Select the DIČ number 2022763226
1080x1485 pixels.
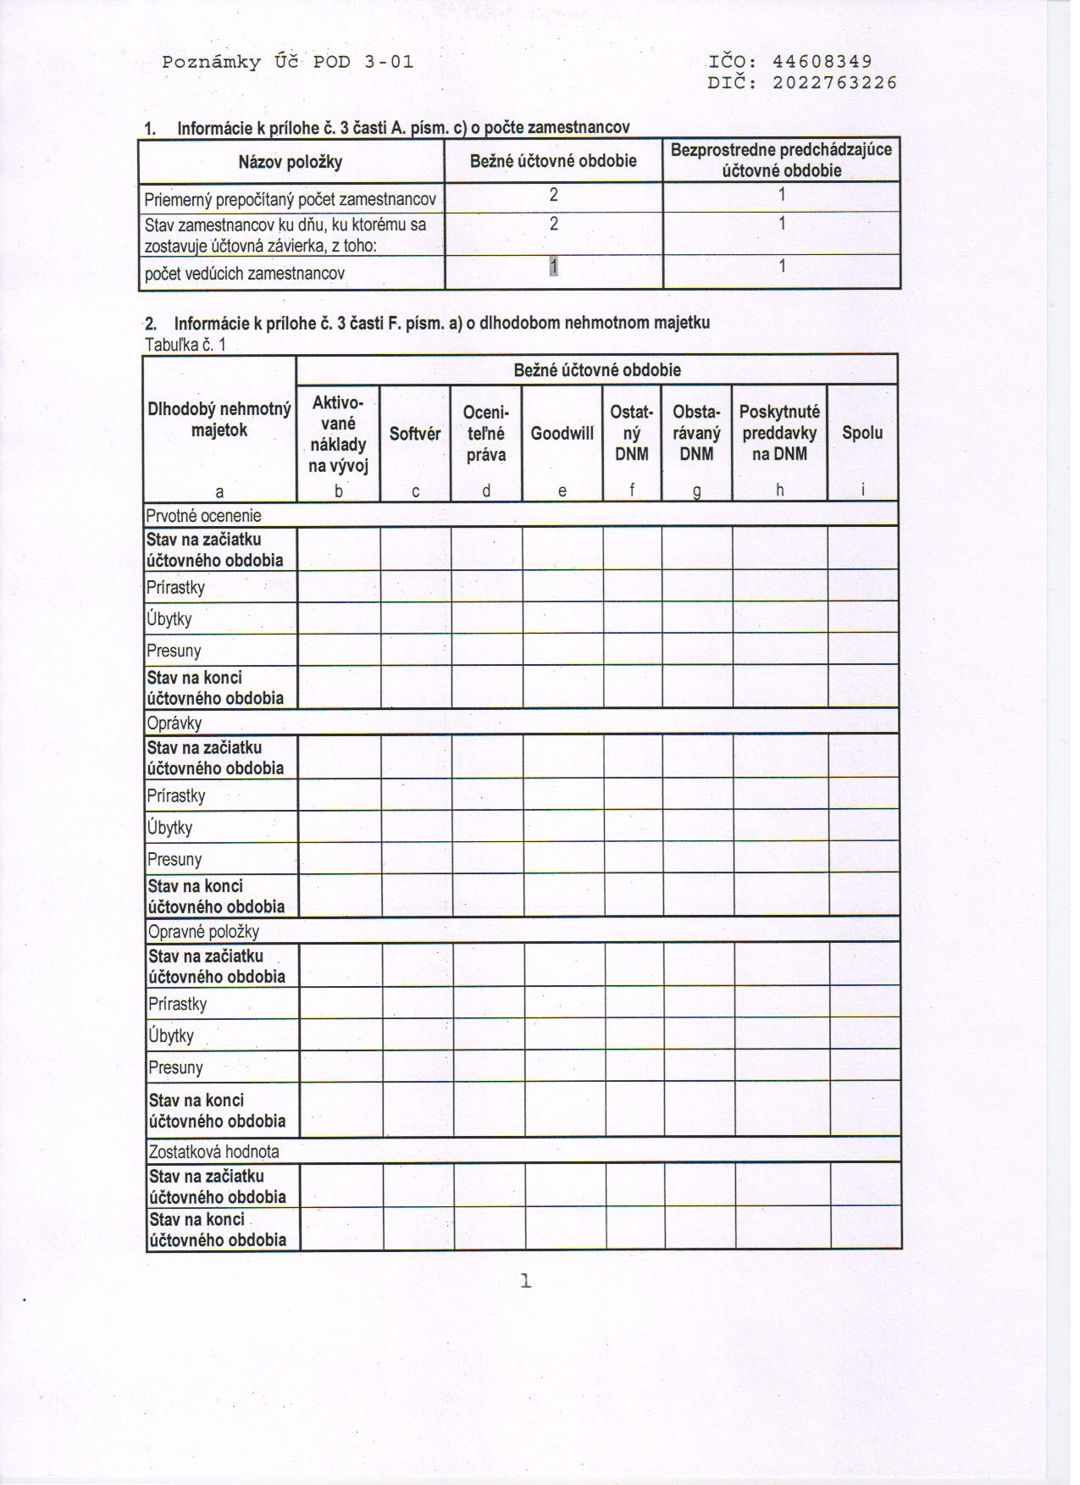coord(834,83)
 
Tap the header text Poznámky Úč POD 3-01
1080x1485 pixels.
coord(288,62)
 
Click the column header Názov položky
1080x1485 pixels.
coord(291,161)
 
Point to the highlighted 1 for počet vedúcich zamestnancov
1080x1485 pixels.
coord(553,266)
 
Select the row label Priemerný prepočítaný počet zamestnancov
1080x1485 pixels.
coord(291,200)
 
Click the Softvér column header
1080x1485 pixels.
coord(415,434)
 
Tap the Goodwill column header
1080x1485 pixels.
coord(562,434)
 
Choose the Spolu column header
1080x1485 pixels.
coord(862,433)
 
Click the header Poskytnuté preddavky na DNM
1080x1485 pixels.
coord(779,433)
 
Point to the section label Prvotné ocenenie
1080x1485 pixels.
coord(203,516)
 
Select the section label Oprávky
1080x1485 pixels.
coord(174,723)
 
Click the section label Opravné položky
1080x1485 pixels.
coord(203,932)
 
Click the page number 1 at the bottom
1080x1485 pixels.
coord(526,1282)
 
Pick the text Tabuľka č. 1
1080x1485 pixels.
coord(186,345)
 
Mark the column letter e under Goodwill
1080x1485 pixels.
coord(562,491)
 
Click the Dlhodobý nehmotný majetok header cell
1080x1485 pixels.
coord(219,419)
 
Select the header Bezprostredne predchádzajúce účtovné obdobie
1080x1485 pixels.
coord(781,160)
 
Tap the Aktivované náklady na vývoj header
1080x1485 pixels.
coord(338,434)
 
